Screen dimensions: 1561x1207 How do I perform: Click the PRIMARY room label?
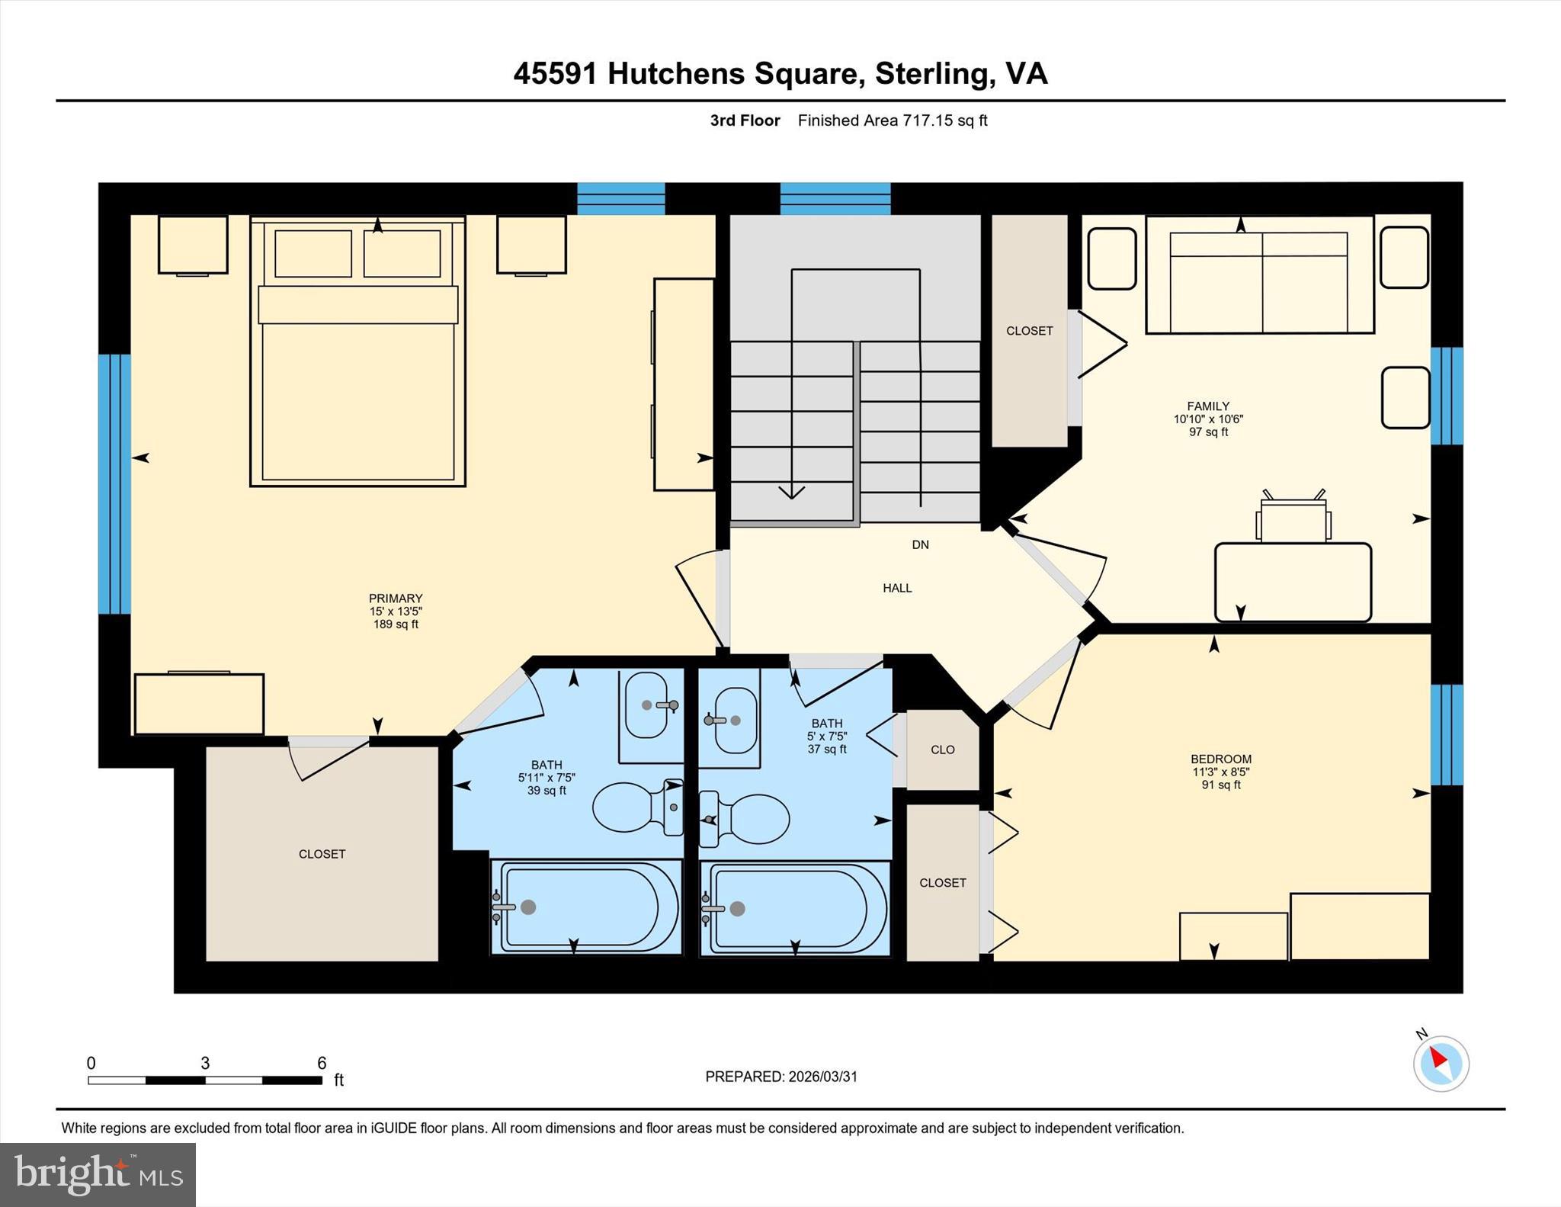tap(396, 599)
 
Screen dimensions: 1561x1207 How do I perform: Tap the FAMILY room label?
tap(1208, 406)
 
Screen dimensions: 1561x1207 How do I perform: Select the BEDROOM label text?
tap(1221, 759)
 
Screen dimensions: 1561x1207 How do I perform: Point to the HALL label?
tap(897, 588)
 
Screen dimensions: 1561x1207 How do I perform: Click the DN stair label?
tap(920, 544)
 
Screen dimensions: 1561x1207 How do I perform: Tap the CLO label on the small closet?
tap(942, 750)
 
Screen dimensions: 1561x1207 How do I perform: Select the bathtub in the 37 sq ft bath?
tap(795, 907)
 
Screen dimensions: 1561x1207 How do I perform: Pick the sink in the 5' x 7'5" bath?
tap(729, 720)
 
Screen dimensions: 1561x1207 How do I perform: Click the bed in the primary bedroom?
tap(357, 352)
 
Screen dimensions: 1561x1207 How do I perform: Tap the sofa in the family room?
tap(1260, 274)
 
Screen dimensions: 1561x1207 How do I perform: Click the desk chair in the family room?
tap(1293, 518)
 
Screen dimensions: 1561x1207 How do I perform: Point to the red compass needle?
tap(1438, 1058)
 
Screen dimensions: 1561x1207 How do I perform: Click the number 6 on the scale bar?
tap(322, 1063)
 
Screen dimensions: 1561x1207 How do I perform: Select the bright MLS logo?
tap(98, 1174)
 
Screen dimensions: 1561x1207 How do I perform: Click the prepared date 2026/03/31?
tap(822, 1077)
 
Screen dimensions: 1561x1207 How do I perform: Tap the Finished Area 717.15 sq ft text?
tap(893, 120)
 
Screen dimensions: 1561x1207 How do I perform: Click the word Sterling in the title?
tap(934, 74)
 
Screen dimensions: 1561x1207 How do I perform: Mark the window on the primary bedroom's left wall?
tap(114, 484)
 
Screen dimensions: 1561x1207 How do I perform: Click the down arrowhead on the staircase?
tap(792, 493)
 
